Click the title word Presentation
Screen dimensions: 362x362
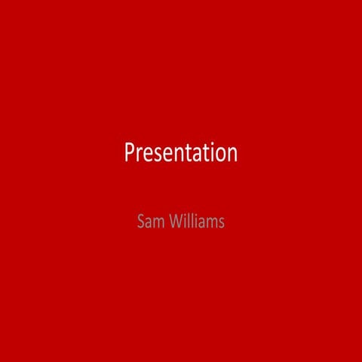click(180, 153)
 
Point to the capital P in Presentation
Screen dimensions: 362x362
click(129, 153)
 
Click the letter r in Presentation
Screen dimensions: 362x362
click(138, 155)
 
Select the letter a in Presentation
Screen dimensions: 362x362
click(195, 155)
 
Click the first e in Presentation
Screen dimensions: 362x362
click(146, 155)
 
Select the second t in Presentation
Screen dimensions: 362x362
click(204, 154)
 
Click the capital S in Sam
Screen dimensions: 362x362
click(140, 222)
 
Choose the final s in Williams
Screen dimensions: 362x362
click(221, 224)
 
